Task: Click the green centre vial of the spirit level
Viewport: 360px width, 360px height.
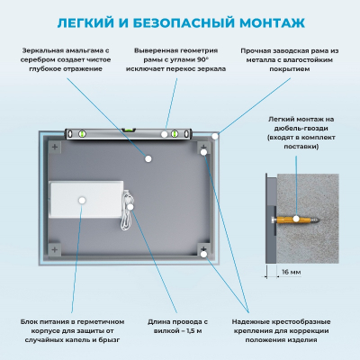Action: (x=129, y=130)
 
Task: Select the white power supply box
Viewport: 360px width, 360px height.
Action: (x=86, y=199)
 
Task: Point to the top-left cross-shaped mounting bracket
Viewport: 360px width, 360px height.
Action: (x=55, y=147)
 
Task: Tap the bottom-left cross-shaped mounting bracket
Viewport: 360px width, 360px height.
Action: (x=55, y=249)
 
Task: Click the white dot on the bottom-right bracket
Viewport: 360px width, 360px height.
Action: (x=204, y=255)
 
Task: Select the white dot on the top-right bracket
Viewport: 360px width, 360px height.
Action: (x=204, y=152)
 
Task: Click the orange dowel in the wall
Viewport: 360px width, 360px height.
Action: (x=296, y=220)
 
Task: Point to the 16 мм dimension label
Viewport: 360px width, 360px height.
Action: (x=291, y=272)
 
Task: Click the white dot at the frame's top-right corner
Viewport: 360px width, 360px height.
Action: (x=215, y=136)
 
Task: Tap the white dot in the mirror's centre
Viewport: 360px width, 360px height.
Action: (x=148, y=158)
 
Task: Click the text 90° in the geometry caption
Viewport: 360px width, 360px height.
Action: (x=202, y=59)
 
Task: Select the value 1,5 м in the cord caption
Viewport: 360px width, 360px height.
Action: (x=194, y=331)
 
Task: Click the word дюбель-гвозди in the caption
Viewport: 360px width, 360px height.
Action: (x=301, y=129)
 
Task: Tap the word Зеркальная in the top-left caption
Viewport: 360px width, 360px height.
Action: (x=41, y=50)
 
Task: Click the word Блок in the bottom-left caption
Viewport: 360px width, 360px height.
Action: (x=28, y=322)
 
